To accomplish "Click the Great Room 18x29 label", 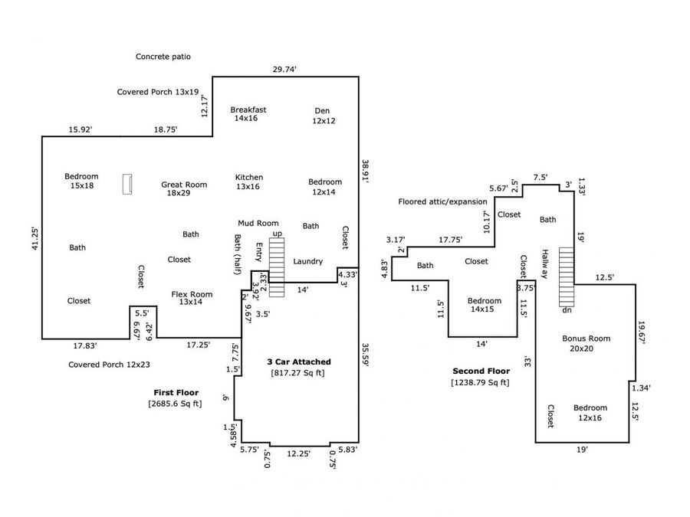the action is pos(184,188).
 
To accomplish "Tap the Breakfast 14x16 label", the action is pos(248,114).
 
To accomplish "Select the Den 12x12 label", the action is pos(324,116).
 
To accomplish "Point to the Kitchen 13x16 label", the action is pos(248,182).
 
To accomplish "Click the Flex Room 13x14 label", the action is pos(192,298).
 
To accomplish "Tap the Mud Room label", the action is pos(258,223).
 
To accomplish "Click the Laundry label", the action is pos(307,261).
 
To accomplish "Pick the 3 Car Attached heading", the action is pos(299,362).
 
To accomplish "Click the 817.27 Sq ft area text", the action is pos(297,373).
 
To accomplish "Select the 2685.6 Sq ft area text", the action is pos(175,404).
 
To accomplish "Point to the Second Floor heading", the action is pos(481,371).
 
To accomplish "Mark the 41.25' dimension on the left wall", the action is pos(35,239).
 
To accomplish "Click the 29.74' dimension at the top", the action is pos(284,69).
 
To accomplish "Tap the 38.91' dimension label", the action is pos(365,172).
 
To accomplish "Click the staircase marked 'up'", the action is pos(277,267).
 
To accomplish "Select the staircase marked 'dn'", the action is pos(567,277).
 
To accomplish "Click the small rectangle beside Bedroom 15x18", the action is pos(127,184).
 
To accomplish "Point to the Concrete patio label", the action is pos(163,56).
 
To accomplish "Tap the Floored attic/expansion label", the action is pos(442,201).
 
